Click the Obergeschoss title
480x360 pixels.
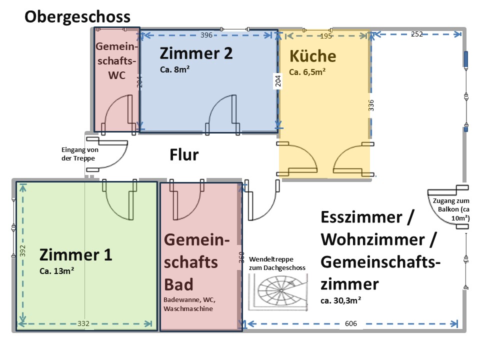tap(77, 16)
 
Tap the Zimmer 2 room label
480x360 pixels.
tap(196, 53)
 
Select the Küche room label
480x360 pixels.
tap(312, 56)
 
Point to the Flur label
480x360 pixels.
tap(184, 155)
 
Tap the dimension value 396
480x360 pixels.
tap(206, 35)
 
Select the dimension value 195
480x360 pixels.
tap(325, 36)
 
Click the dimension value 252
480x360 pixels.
tap(417, 34)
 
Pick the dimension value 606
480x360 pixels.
tap(351, 324)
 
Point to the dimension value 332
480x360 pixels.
tap(83, 324)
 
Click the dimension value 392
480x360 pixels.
tap(22, 250)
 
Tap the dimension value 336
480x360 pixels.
tap(371, 105)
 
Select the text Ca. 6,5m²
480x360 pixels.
tap(307, 71)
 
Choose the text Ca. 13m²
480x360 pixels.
tap(56, 270)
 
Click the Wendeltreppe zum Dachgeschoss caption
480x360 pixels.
tap(277, 263)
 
